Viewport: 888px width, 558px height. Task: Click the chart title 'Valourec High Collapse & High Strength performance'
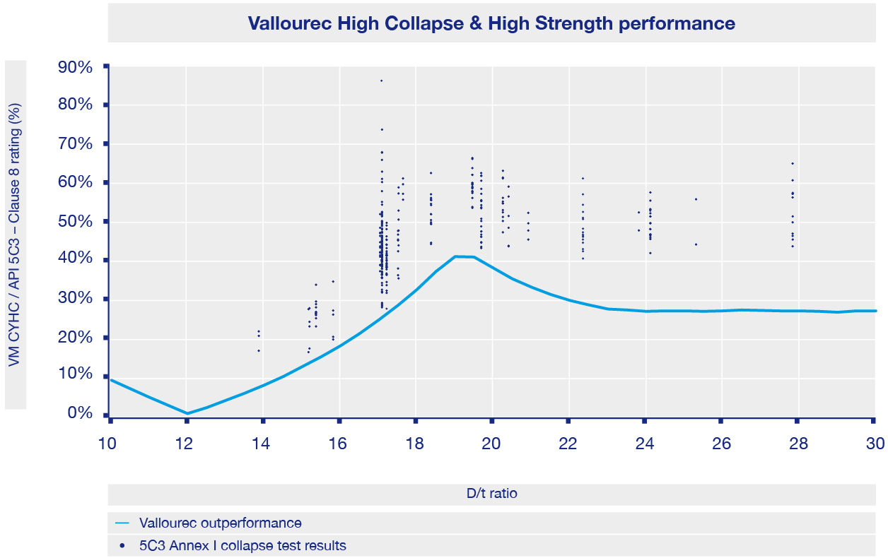coord(491,24)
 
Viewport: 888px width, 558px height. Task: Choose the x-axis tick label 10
coord(110,444)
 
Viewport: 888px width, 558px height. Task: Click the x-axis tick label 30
coord(875,444)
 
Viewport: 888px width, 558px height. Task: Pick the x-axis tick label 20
coord(491,444)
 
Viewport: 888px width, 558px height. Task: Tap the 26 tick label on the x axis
coord(721,444)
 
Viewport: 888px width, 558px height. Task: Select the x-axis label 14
coord(262,444)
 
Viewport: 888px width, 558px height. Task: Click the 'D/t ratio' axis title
coord(491,494)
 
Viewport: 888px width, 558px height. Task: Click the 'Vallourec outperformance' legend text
coord(221,523)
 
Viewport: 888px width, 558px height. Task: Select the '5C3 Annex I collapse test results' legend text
coord(243,545)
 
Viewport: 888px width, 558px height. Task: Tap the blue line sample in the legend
coord(122,523)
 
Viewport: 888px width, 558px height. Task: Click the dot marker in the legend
coord(123,546)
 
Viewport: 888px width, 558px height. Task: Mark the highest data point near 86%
coord(381,81)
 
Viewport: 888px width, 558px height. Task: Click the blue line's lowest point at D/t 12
coord(187,413)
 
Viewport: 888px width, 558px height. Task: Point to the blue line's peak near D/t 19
coord(456,256)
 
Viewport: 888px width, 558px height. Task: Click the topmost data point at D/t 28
coord(793,164)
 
